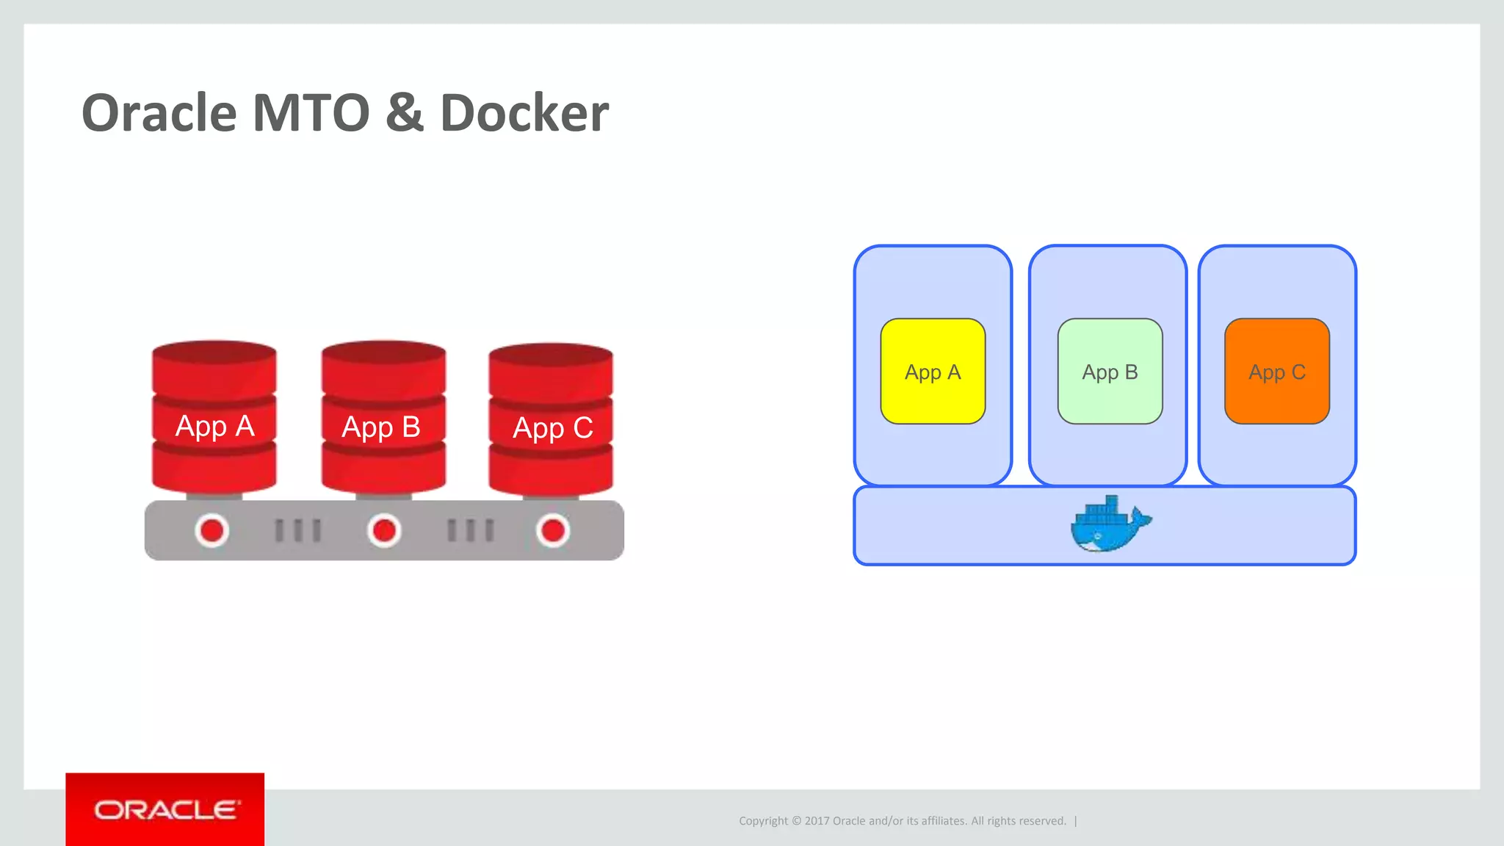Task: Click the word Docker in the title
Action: coord(524,114)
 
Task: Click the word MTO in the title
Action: coord(311,114)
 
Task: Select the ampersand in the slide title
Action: coord(405,114)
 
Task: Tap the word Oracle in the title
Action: coord(159,114)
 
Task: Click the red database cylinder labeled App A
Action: coord(214,417)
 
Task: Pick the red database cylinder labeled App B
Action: coord(383,417)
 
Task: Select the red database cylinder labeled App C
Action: coord(551,419)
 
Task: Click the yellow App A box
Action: coord(933,372)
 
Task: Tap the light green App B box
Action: coord(1110,372)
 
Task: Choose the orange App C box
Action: coord(1277,372)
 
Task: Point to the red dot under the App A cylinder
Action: coord(212,530)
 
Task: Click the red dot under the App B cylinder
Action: coord(384,530)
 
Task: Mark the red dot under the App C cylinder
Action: coord(553,530)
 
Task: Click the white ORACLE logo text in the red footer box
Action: coord(166,810)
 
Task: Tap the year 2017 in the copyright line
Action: coord(817,821)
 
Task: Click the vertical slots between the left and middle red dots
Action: coord(297,530)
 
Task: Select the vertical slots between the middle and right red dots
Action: coord(471,530)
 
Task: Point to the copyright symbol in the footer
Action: coord(796,821)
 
